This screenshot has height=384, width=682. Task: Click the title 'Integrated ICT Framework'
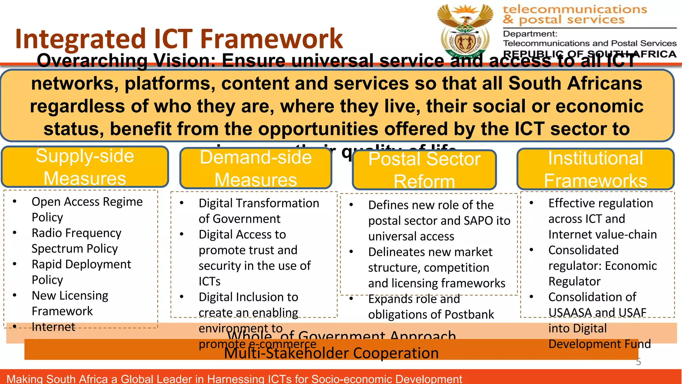click(x=179, y=39)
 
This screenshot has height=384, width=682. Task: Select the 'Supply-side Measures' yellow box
click(x=85, y=167)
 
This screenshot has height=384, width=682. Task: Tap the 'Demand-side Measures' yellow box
click(x=256, y=168)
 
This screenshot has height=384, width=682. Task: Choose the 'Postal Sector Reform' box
click(x=424, y=170)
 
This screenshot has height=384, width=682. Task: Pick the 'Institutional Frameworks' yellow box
click(x=595, y=169)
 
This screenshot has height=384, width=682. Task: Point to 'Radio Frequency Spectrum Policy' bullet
click(x=76, y=240)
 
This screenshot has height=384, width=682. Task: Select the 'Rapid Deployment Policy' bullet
click(x=81, y=272)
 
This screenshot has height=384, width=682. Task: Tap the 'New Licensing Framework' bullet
click(x=70, y=303)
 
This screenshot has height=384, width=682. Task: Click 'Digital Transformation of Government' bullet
click(x=258, y=211)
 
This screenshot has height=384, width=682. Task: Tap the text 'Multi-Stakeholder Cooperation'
click(x=331, y=353)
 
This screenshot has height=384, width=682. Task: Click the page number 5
click(x=638, y=362)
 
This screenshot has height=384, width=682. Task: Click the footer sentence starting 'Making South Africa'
click(x=234, y=379)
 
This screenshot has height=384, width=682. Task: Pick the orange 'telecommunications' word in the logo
click(x=575, y=9)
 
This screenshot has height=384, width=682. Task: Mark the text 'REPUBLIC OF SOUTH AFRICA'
click(x=589, y=54)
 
